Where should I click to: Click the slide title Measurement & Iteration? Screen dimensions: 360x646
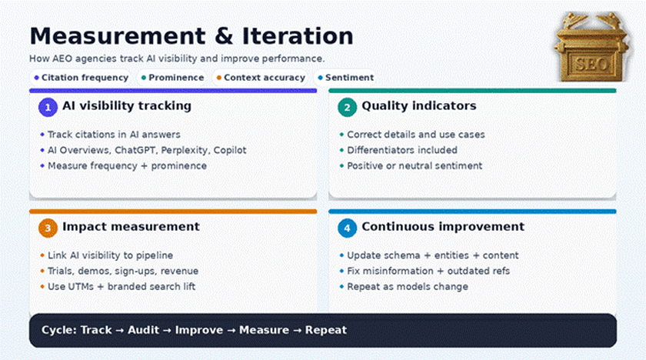pos(191,36)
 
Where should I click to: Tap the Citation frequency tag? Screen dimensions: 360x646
pos(81,78)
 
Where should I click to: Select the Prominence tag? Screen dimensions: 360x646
pos(172,78)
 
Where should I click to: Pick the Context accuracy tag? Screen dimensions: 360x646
pos(261,78)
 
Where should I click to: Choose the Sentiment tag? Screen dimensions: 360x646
pos(345,78)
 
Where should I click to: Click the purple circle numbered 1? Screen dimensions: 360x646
pos(48,107)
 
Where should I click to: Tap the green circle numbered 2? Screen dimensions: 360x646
pos(347,107)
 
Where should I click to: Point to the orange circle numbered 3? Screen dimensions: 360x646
pos(48,228)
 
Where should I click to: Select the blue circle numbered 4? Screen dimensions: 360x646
pos(347,228)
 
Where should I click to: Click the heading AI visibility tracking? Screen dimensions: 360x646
pos(126,106)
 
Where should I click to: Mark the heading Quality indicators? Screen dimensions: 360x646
pos(418,106)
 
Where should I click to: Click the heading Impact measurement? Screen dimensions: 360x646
pos(131,227)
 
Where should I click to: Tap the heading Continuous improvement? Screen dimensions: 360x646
pos(443,227)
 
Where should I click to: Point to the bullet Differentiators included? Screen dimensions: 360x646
pos(401,150)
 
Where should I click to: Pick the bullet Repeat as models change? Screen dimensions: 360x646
pos(407,287)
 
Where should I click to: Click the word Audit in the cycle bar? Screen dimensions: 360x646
pos(143,330)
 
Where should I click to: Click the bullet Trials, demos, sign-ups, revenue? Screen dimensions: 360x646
pos(122,271)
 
